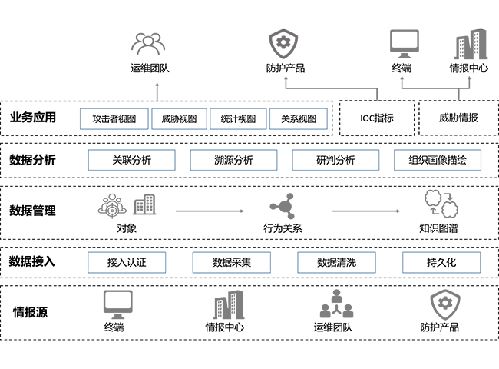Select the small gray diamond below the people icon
(x=159, y=88)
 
